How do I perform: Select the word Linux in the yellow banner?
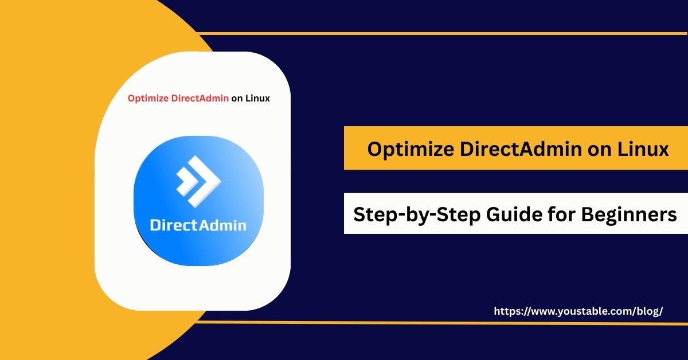(x=643, y=149)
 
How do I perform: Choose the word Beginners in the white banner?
(x=629, y=214)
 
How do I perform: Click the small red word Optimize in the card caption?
(x=148, y=98)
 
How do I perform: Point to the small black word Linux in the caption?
(x=257, y=98)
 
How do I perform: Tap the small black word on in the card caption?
(x=237, y=98)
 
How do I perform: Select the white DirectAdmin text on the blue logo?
(x=198, y=224)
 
